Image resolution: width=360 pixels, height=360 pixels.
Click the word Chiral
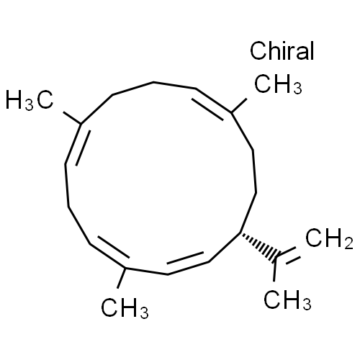tap(282, 50)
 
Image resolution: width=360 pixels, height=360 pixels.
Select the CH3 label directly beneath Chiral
tap(278, 84)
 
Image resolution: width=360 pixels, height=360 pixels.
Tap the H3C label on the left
tap(30, 100)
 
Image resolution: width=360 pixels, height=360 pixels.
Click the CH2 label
tap(329, 238)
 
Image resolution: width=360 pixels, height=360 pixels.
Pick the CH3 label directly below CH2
tap(287, 300)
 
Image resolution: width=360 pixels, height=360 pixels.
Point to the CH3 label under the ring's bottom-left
tap(125, 308)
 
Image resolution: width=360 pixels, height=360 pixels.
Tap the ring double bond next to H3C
tap(76, 144)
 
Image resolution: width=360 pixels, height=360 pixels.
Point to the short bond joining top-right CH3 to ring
tap(239, 105)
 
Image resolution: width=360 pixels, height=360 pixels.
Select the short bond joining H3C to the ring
tap(72, 117)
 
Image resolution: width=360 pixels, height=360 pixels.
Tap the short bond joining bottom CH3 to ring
tap(121, 278)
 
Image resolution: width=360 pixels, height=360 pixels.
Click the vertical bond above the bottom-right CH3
tap(274, 269)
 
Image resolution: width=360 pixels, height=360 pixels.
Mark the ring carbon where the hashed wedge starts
tap(240, 233)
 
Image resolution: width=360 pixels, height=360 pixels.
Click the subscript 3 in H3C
tap(30, 106)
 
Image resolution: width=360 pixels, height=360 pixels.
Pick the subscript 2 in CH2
tap(348, 243)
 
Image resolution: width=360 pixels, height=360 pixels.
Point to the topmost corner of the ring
tap(153, 82)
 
